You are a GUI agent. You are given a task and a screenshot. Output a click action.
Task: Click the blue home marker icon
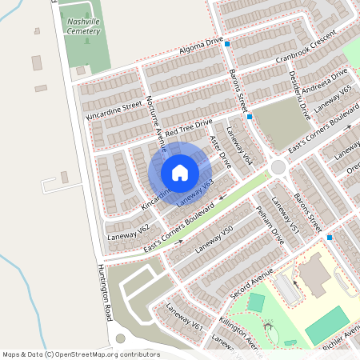click(179, 173)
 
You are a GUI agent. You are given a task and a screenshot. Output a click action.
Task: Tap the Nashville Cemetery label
click(84, 27)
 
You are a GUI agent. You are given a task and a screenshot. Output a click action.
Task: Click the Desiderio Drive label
click(298, 95)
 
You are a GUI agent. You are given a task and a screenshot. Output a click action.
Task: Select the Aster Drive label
click(219, 150)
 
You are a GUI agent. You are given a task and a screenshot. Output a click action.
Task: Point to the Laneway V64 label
click(239, 146)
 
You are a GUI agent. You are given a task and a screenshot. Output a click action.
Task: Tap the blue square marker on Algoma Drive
click(227, 44)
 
